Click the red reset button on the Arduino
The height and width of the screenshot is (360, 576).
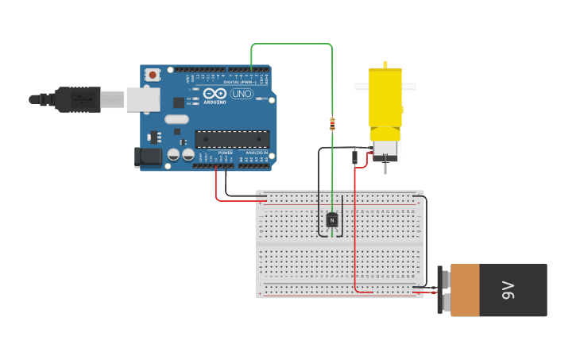coord(152,75)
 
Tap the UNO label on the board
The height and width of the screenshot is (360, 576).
coord(242,94)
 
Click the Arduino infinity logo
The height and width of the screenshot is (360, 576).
coord(215,94)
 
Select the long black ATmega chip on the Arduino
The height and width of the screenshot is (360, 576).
coord(232,139)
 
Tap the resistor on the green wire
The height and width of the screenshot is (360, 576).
coord(332,123)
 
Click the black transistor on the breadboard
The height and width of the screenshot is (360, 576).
coord(332,219)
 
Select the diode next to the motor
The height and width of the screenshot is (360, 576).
coord(354,157)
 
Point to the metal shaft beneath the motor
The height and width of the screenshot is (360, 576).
coord(385,168)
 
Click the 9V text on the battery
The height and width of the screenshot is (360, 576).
coord(508,290)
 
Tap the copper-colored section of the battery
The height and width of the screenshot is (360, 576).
coord(465,290)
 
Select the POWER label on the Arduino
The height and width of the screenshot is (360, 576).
coord(226,153)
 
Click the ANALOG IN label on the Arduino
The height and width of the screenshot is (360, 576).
coord(257,153)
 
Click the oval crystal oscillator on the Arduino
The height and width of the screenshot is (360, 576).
coord(176,119)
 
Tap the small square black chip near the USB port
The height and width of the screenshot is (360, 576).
coord(178,103)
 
